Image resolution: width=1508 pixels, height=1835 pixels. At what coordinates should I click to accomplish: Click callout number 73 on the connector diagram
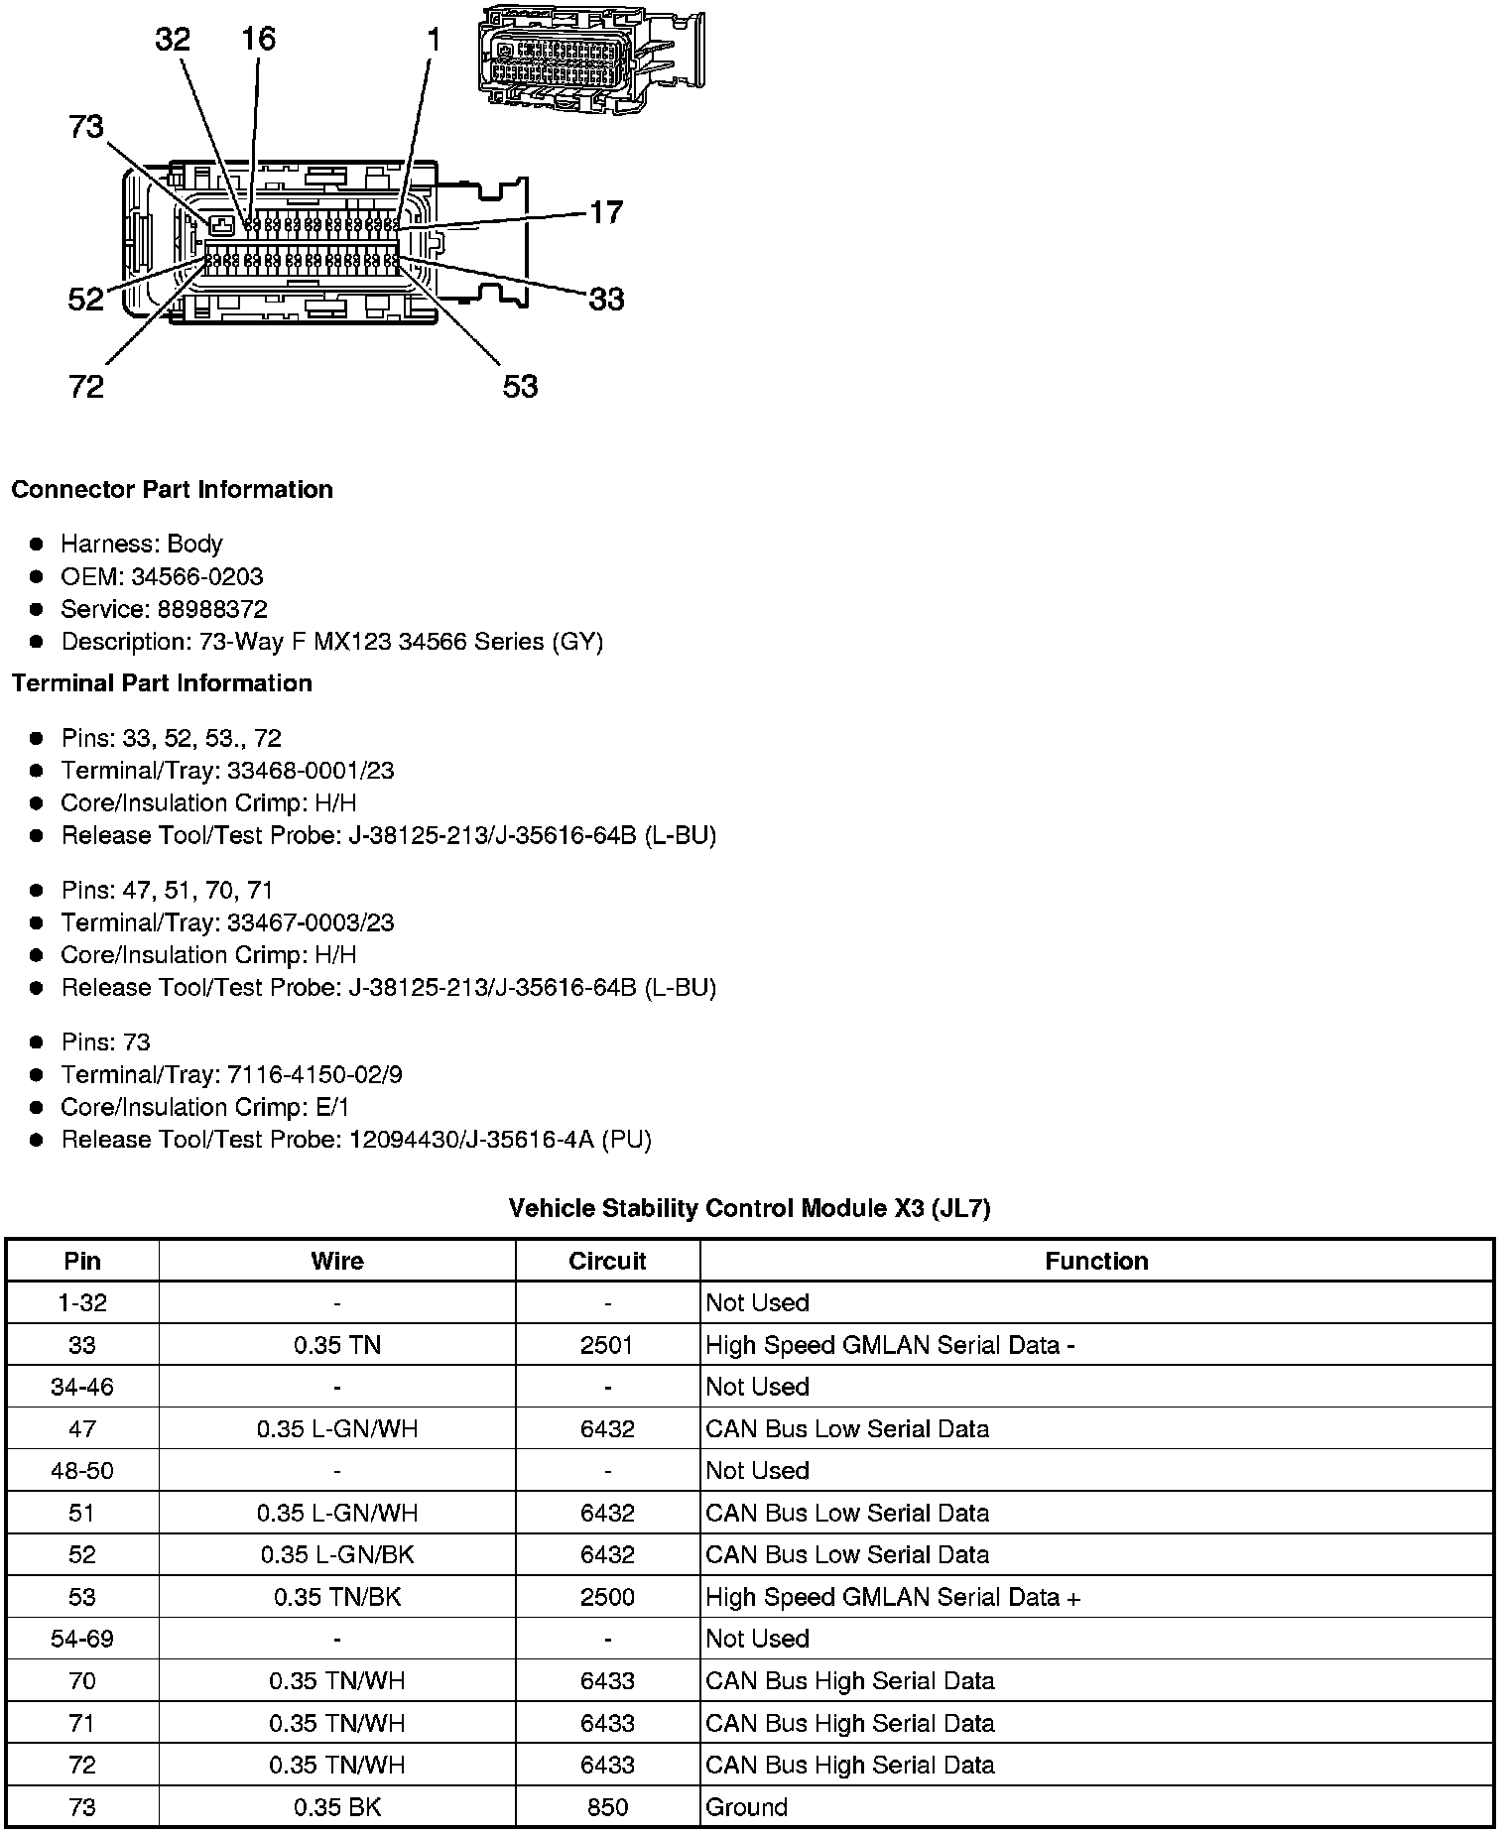coord(86,127)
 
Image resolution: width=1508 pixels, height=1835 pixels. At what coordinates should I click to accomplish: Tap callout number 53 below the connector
coord(520,386)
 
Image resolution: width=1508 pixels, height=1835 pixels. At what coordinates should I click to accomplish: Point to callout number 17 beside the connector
coord(606,212)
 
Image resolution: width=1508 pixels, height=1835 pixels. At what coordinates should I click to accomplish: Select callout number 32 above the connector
coord(173,40)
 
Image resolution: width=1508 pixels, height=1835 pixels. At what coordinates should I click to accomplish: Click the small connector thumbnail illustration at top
coord(590,58)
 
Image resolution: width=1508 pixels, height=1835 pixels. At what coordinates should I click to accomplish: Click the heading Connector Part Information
coord(172,490)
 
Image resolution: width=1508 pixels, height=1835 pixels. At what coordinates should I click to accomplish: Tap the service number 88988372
coord(212,609)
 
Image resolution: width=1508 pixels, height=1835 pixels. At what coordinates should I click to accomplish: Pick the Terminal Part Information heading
coord(162,683)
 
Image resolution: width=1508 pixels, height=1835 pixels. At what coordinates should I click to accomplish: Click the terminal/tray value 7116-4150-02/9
coord(314,1074)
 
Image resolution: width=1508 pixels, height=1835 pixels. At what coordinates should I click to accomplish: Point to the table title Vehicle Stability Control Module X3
coord(749,1208)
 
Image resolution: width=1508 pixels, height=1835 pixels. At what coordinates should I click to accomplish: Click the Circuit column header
coord(607,1261)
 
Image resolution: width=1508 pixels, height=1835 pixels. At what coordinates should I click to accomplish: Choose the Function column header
coord(1096,1261)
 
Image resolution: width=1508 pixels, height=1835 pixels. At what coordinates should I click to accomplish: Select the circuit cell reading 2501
coord(607,1345)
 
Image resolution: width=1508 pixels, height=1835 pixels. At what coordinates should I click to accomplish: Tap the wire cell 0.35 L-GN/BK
coord(337,1554)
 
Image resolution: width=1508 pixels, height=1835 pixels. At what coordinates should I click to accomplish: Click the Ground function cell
coord(746,1807)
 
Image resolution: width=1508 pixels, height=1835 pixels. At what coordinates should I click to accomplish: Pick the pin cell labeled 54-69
coord(82,1639)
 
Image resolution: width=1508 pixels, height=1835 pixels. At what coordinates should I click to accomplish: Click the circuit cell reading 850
coord(607,1807)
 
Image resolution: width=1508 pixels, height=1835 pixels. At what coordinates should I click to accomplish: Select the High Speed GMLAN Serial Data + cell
coord(893,1597)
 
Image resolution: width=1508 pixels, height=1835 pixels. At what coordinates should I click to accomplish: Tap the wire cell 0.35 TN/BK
coord(337,1597)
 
